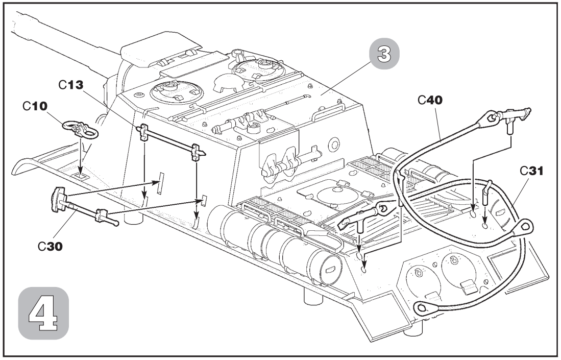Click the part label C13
pos(71,85)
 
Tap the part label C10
pos(35,106)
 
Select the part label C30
pos(50,246)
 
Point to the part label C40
pos(430,100)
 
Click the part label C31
pos(531,171)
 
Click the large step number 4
pos(43,313)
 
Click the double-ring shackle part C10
pos(81,129)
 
